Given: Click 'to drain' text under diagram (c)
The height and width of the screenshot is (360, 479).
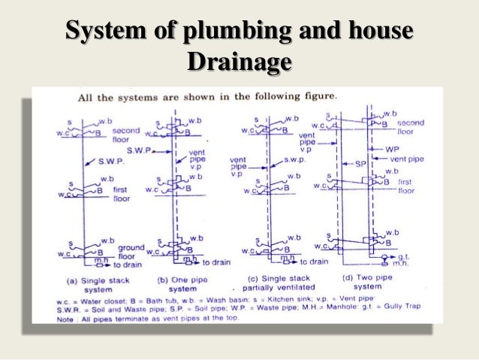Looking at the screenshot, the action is [315, 262].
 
